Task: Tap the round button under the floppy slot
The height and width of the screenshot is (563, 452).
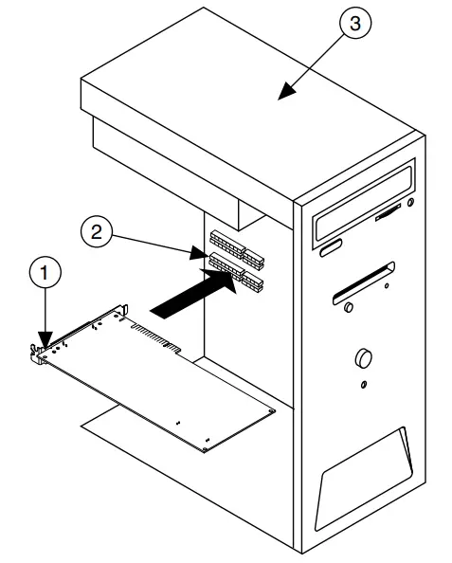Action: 349,307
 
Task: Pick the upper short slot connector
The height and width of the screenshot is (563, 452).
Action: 254,259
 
